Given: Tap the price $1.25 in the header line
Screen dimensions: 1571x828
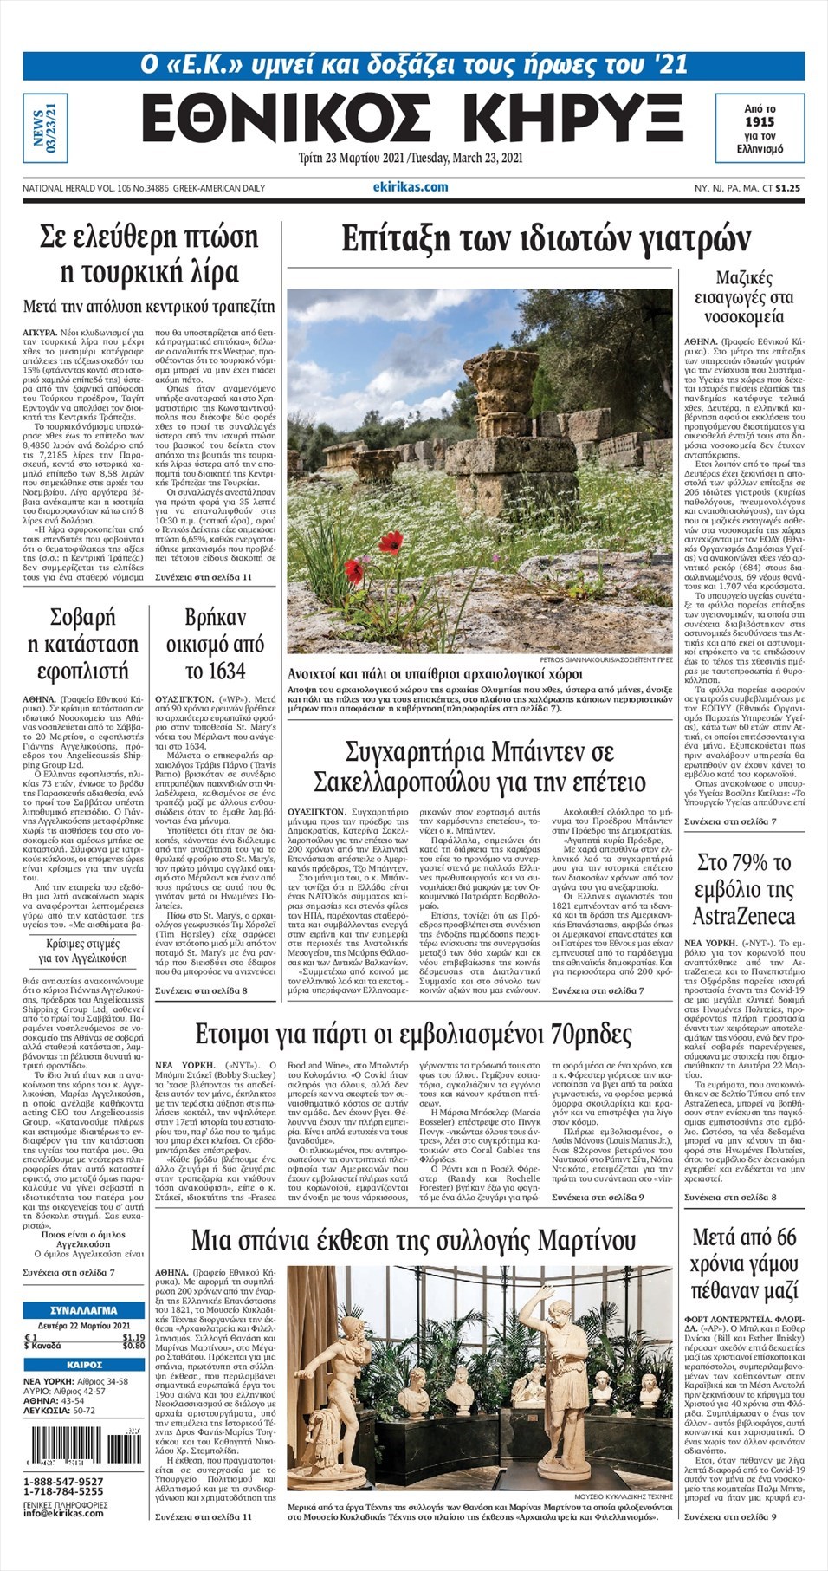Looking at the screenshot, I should (x=787, y=188).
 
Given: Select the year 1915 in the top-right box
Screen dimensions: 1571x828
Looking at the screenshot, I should (x=759, y=122).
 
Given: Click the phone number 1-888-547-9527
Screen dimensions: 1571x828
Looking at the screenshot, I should (x=63, y=1481).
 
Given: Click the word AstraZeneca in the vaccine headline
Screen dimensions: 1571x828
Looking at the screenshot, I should (x=743, y=916).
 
